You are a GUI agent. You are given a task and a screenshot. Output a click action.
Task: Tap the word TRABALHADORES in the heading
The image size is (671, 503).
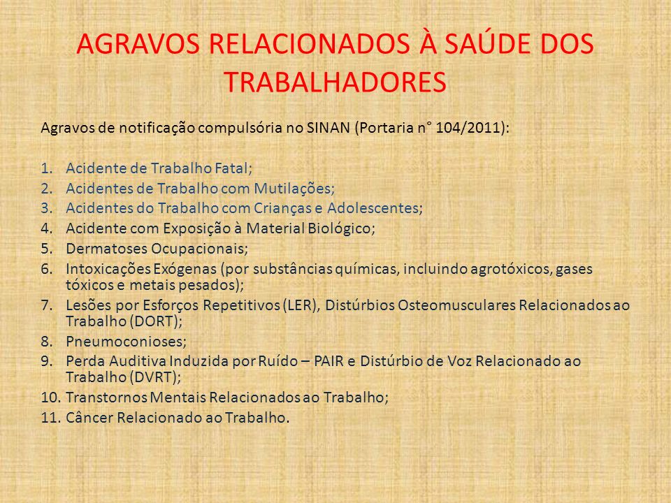(x=335, y=82)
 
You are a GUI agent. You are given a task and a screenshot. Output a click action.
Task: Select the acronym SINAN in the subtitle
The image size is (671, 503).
(x=329, y=128)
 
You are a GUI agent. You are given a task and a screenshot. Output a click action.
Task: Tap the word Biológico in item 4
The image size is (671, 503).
(x=340, y=228)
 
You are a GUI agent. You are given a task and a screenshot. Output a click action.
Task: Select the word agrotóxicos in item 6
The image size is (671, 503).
(x=511, y=269)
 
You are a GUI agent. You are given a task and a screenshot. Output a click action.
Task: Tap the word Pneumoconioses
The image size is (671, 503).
(x=124, y=342)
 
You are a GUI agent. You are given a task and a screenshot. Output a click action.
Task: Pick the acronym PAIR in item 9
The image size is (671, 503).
(x=329, y=361)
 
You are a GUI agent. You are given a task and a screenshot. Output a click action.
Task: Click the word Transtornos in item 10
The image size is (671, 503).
(x=106, y=398)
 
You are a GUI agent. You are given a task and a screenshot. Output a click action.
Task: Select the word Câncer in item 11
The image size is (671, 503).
(x=89, y=418)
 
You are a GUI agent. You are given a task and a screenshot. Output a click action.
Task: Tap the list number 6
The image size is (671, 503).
(x=47, y=269)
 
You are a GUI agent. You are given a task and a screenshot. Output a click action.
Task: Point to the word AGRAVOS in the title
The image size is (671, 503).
(x=138, y=43)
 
